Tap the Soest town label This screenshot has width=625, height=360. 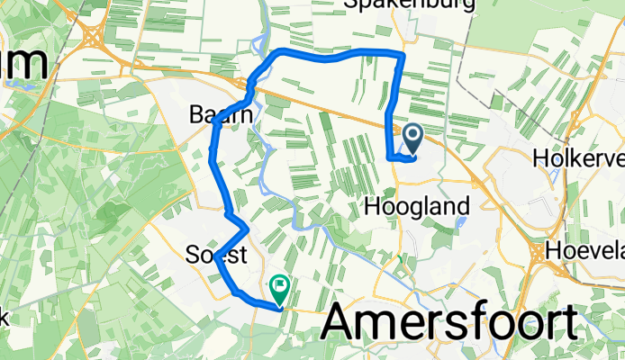[216, 254]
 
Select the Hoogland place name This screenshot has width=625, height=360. [417, 206]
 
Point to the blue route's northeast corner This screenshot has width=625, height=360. [402, 56]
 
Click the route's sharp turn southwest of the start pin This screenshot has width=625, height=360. [390, 157]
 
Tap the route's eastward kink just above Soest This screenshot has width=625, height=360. [246, 227]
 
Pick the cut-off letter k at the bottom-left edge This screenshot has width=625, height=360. [4, 317]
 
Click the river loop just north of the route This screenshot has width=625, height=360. [261, 43]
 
